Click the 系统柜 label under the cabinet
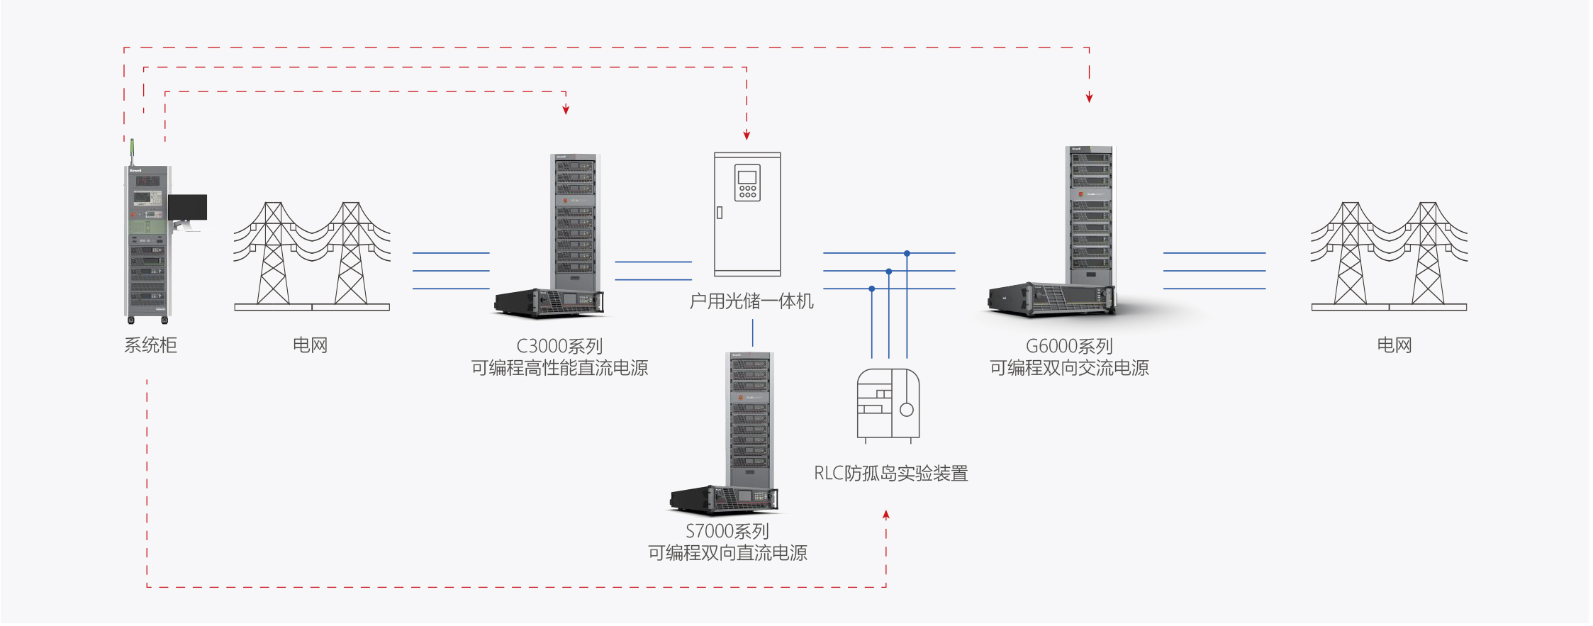[x=150, y=345]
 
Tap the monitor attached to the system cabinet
[x=188, y=207]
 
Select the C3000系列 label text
[x=559, y=346]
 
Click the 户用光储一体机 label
[x=751, y=301]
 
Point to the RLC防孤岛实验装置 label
[x=890, y=473]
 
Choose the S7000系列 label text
[x=727, y=531]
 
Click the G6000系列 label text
[x=1069, y=346]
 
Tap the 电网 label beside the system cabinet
[x=310, y=345]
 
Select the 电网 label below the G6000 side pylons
[x=1394, y=345]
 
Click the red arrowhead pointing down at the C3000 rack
[x=566, y=109]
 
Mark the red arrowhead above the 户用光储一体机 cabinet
[x=747, y=135]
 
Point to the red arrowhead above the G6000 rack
[x=1089, y=98]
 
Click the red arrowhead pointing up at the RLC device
[x=886, y=515]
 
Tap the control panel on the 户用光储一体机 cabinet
[x=747, y=183]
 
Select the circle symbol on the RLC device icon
[x=906, y=410]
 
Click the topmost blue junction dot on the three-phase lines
[x=907, y=253]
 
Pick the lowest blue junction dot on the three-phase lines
[x=872, y=289]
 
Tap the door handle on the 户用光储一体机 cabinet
[x=720, y=212]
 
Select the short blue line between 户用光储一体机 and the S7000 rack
[x=753, y=332]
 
